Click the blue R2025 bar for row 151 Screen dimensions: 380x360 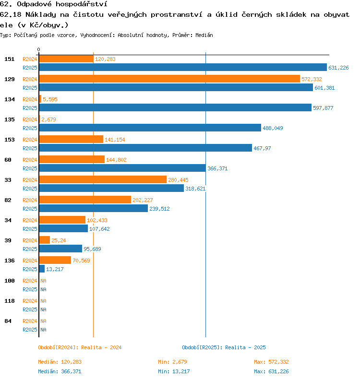[182, 68]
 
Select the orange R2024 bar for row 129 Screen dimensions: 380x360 [169, 79]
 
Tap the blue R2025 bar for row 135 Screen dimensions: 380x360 [150, 128]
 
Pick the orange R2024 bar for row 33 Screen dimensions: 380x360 [103, 180]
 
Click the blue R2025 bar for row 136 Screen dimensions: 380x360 [42, 269]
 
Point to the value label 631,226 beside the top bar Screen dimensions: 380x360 [338, 68]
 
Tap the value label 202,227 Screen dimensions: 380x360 [143, 200]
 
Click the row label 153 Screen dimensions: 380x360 [10, 140]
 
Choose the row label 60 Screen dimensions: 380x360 [8, 160]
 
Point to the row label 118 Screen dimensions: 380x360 [10, 301]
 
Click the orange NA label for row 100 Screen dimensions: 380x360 [43, 281]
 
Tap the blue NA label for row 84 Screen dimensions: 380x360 [43, 330]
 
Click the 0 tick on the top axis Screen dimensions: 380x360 [39, 49]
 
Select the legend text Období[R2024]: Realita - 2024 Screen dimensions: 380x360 [80, 347]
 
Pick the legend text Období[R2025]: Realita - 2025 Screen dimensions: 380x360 [224, 347]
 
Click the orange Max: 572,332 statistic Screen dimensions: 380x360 [271, 362]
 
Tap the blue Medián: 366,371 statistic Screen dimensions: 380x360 [60, 371]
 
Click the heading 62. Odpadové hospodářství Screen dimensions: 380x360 [53, 4]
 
